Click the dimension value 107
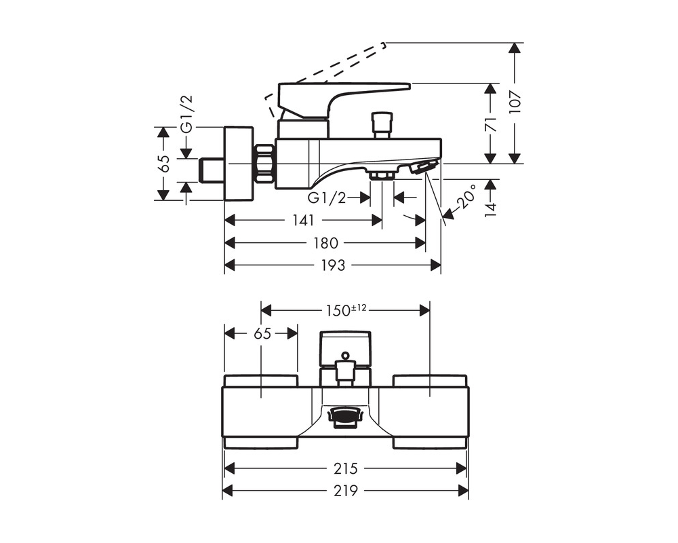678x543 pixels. pyautogui.click(x=515, y=103)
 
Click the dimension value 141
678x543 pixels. pyautogui.click(x=303, y=221)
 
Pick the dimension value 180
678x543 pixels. pyautogui.click(x=325, y=243)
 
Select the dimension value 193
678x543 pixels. pyautogui.click(x=333, y=265)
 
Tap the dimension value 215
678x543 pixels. pyautogui.click(x=346, y=468)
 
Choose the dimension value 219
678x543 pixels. pyautogui.click(x=346, y=491)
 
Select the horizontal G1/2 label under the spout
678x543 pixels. pyautogui.click(x=327, y=198)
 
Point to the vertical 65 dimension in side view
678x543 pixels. pyautogui.click(x=163, y=164)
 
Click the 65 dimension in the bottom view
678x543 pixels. pyautogui.click(x=262, y=333)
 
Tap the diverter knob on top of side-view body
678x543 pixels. pyautogui.click(x=383, y=125)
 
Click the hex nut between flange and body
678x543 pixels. pyautogui.click(x=264, y=164)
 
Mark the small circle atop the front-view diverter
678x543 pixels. pyautogui.click(x=344, y=356)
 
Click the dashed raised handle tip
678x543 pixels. pyautogui.click(x=383, y=44)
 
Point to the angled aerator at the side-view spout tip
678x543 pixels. pyautogui.click(x=424, y=166)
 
